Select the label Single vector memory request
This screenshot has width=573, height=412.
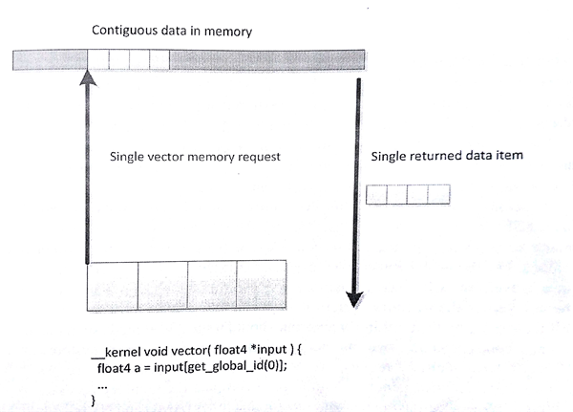coord(195,157)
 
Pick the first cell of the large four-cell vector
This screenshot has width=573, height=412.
coord(113,285)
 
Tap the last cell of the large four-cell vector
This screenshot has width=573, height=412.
coord(262,285)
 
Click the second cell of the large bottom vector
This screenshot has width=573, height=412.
coord(162,285)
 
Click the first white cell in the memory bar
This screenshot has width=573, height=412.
coord(98,59)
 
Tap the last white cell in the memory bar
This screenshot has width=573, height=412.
coord(159,59)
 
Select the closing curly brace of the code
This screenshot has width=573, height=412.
coord(93,400)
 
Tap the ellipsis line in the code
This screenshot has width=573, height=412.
coord(102,380)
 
